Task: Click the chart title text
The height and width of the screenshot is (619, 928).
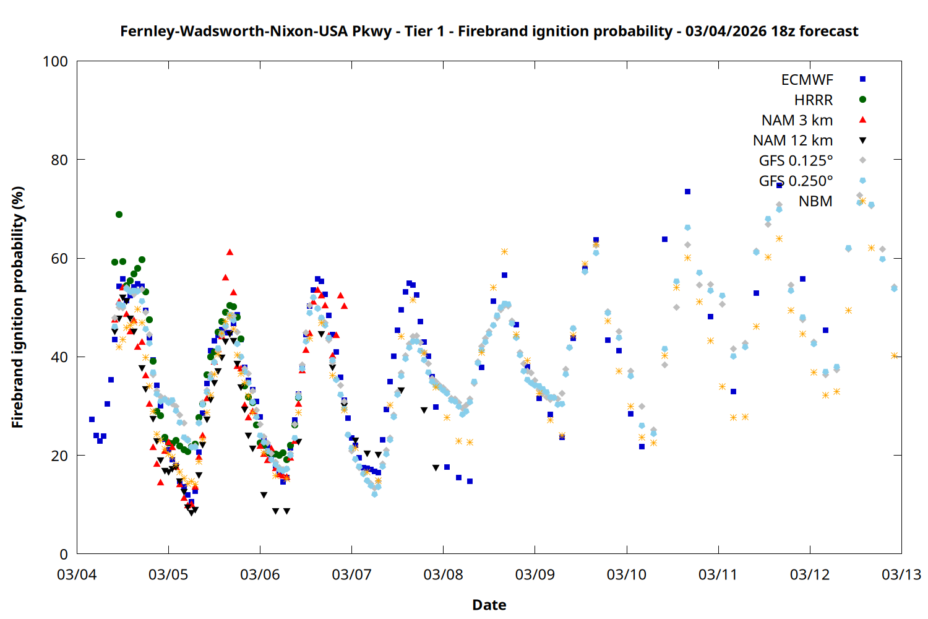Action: click(489, 31)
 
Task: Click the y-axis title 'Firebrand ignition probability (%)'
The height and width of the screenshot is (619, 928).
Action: click(18, 308)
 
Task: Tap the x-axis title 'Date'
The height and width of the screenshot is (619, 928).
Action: click(489, 605)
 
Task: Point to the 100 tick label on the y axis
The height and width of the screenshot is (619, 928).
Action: click(55, 61)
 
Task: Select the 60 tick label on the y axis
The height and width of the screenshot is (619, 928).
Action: click(59, 258)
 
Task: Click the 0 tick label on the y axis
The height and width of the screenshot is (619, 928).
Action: click(64, 554)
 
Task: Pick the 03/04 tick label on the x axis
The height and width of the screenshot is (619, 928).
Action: click(77, 574)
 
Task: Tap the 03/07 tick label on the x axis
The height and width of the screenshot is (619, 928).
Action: click(351, 574)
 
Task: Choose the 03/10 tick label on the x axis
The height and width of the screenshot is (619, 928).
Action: click(627, 574)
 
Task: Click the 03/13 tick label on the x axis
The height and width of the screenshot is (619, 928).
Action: click(901, 574)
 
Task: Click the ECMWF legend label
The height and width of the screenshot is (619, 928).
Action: click(807, 80)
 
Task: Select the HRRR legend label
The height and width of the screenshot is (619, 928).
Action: click(814, 100)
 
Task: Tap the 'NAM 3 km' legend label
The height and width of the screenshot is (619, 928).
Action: click(797, 120)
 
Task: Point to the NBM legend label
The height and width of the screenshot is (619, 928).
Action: click(815, 201)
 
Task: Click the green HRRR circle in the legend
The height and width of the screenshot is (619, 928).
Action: click(862, 100)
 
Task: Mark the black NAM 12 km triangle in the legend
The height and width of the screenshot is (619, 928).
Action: click(862, 141)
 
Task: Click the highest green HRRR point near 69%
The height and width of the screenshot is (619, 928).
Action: click(119, 215)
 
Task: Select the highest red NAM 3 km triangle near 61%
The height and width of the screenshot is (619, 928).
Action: click(230, 252)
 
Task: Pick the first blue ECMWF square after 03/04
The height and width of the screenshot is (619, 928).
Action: click(92, 420)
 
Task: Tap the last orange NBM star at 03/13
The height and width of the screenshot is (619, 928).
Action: click(894, 356)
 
